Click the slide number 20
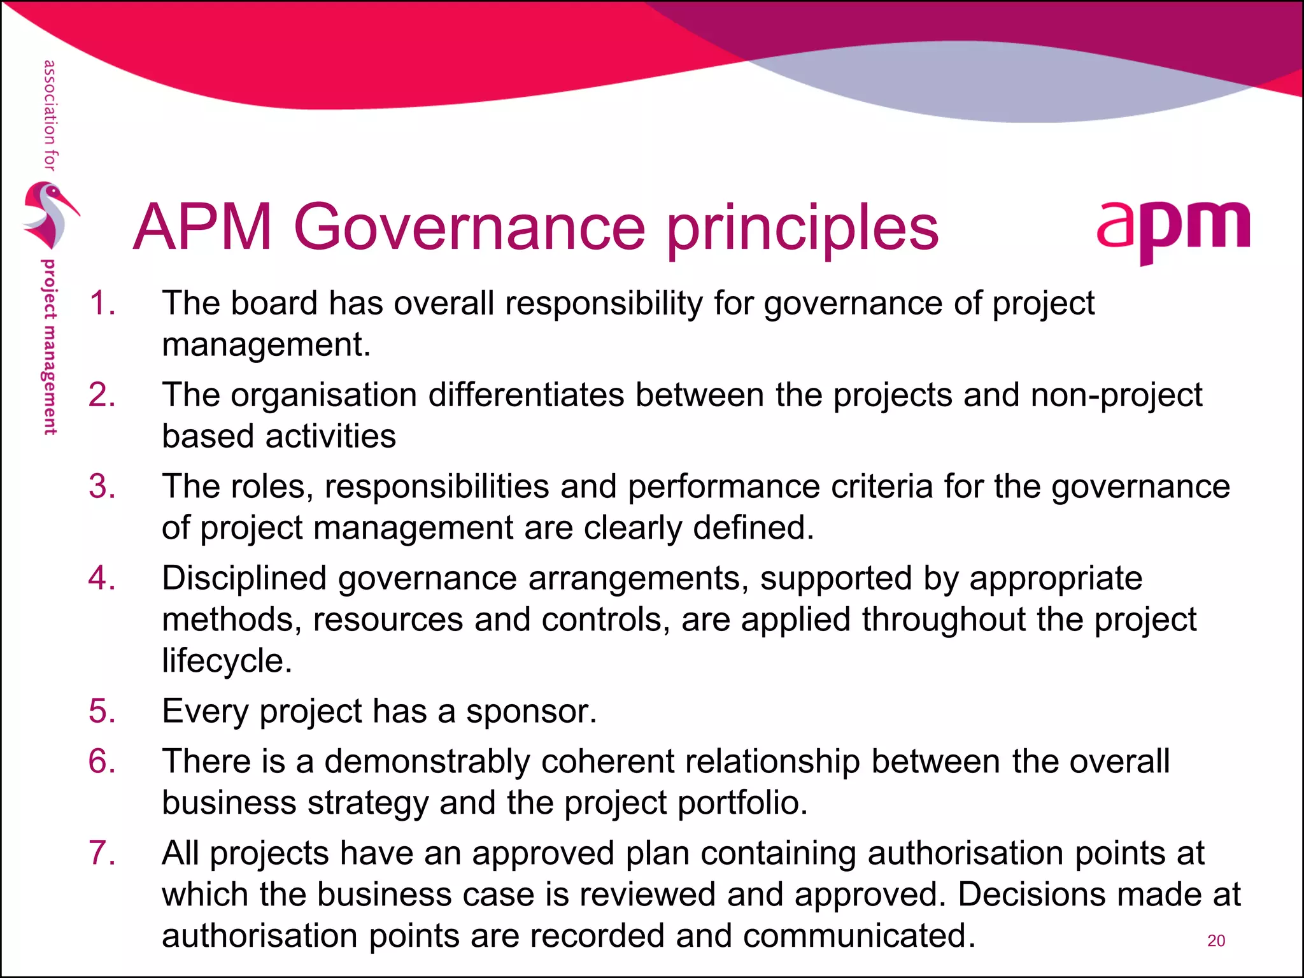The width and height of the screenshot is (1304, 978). (1215, 940)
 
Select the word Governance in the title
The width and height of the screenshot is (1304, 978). (469, 227)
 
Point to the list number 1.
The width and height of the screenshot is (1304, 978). (102, 303)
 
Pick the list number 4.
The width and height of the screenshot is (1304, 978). (102, 578)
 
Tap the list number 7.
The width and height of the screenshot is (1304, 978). (102, 853)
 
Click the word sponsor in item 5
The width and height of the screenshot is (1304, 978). (531, 712)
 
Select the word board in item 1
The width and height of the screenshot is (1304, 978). (274, 303)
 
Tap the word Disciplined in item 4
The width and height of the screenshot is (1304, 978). (244, 579)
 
